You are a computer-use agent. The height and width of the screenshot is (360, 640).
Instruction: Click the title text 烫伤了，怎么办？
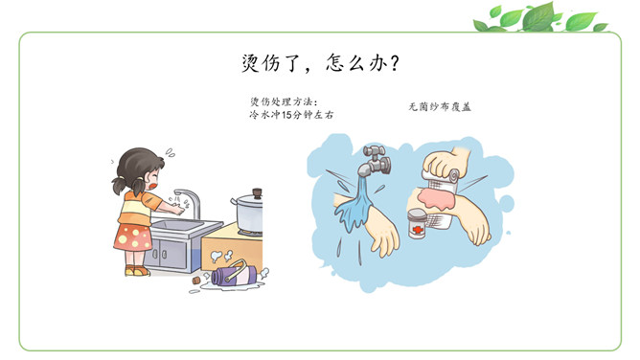pos(320,63)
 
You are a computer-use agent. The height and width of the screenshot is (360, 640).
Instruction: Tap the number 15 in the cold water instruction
pos(286,115)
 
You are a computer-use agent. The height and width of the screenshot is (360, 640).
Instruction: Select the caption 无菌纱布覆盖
pos(440,107)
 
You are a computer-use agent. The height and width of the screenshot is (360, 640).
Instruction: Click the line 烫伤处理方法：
pos(284,101)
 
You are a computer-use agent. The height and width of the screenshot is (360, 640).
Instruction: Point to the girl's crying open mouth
pos(153,185)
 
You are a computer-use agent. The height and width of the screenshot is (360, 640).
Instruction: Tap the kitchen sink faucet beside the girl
pos(190,202)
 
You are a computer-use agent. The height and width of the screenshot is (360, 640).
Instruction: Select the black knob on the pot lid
pos(257,192)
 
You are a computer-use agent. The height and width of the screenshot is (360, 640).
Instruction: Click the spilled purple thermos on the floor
pos(234,274)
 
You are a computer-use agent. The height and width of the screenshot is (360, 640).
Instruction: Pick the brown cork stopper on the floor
pos(196,281)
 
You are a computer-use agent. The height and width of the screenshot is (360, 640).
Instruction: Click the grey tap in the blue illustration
pos(377,160)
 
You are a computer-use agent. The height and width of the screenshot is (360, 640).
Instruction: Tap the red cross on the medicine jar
pos(418,230)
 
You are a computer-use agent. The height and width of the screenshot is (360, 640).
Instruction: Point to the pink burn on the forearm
pos(435,198)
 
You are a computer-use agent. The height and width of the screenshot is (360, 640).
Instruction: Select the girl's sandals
pos(137,270)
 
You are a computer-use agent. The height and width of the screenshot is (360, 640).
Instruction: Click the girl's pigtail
pos(119,186)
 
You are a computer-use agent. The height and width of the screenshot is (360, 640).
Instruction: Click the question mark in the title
pos(394,63)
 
